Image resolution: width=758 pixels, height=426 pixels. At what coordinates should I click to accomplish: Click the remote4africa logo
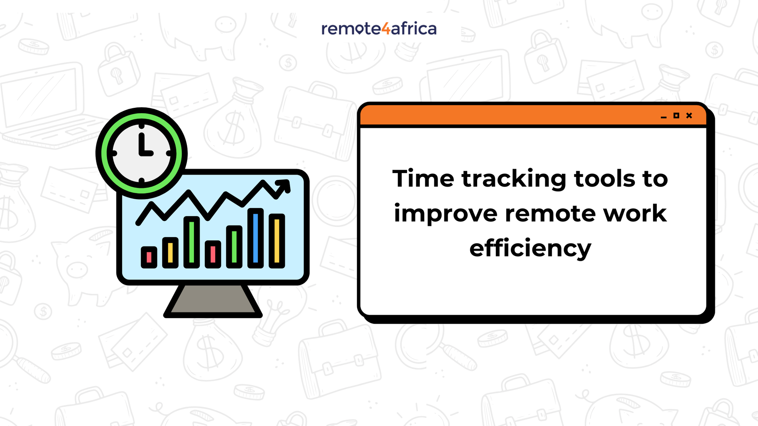[x=379, y=29]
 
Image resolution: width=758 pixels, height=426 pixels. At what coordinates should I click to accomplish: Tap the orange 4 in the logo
[x=385, y=29]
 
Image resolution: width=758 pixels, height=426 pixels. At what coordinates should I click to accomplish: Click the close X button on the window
[x=689, y=115]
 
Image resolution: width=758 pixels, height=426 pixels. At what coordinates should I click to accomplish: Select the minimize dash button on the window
[x=663, y=117]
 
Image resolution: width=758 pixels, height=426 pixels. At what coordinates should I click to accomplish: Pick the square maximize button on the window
[x=676, y=115]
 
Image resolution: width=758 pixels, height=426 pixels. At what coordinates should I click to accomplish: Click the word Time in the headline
[x=423, y=178]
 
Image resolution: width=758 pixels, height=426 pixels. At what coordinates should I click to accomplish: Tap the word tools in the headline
[x=605, y=178]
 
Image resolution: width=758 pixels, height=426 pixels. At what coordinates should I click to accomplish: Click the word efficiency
[x=530, y=249]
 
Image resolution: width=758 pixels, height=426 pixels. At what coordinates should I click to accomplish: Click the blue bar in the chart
[x=255, y=238]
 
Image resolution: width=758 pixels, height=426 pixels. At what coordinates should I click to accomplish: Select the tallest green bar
[x=192, y=242]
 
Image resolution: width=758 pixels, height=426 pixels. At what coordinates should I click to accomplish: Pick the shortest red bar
[x=149, y=257]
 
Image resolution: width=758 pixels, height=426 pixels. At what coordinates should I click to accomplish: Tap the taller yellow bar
[x=277, y=241]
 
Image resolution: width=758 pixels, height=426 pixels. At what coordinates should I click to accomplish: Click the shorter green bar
[x=234, y=247]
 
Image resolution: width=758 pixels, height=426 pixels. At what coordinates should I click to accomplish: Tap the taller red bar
[x=213, y=254]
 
